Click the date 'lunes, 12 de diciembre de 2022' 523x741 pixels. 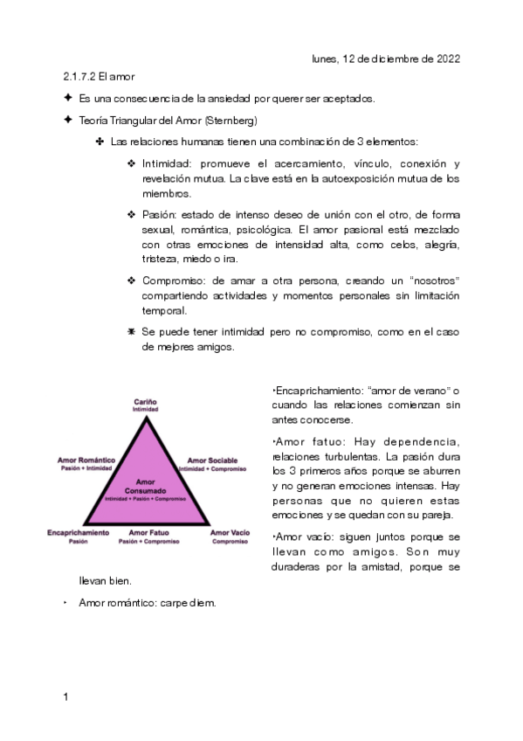[x=385, y=59]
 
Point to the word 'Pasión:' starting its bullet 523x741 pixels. [x=159, y=214]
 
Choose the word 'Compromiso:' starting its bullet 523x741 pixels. [x=172, y=280]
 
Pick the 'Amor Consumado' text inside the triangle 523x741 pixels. [x=145, y=486]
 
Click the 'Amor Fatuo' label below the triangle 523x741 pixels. [x=148, y=532]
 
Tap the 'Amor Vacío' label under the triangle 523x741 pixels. [x=230, y=532]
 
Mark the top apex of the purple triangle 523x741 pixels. [x=145, y=416]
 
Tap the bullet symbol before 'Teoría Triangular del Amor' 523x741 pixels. [x=67, y=120]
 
